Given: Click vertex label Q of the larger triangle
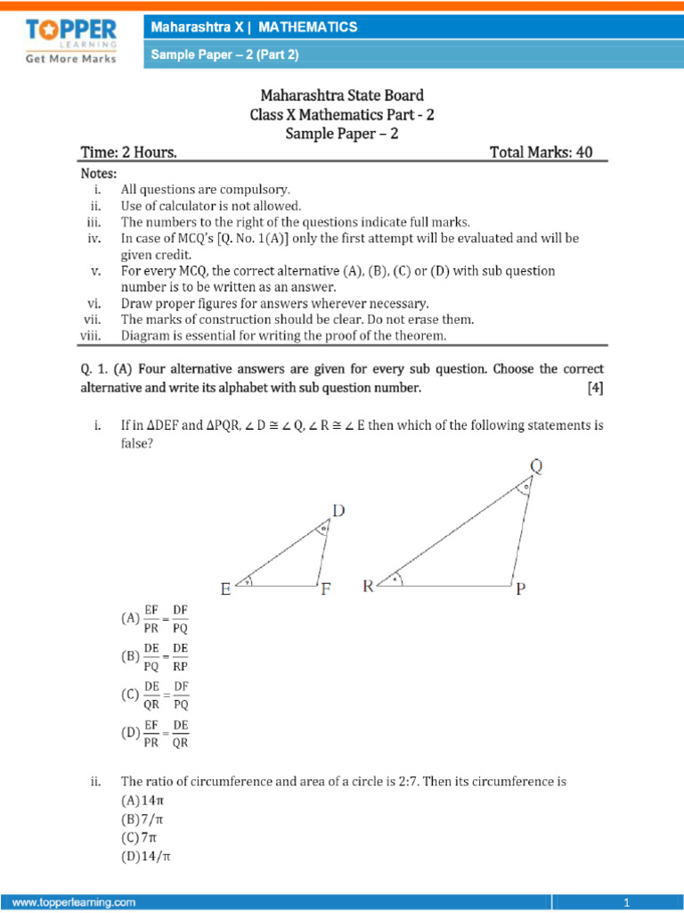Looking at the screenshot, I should pos(536,466).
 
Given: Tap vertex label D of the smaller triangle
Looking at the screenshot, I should pos(338,510).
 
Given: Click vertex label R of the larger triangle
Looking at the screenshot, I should pos(368,587).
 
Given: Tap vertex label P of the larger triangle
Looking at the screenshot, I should pos(521,589).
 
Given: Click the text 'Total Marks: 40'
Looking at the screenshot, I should pos(541,152).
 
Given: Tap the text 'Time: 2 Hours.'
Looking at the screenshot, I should pos(128,152).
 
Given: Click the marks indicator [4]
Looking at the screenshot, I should pos(594,388).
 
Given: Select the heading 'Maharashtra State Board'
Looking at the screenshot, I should pos(341,95).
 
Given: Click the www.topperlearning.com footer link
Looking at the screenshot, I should pos(74,902).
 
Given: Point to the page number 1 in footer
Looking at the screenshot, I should pos(627,902).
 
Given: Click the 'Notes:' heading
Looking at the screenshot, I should pos(98,173).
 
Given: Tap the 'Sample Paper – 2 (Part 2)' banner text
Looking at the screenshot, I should pos(224,55).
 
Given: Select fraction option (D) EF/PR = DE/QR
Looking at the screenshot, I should pos(155,733).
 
